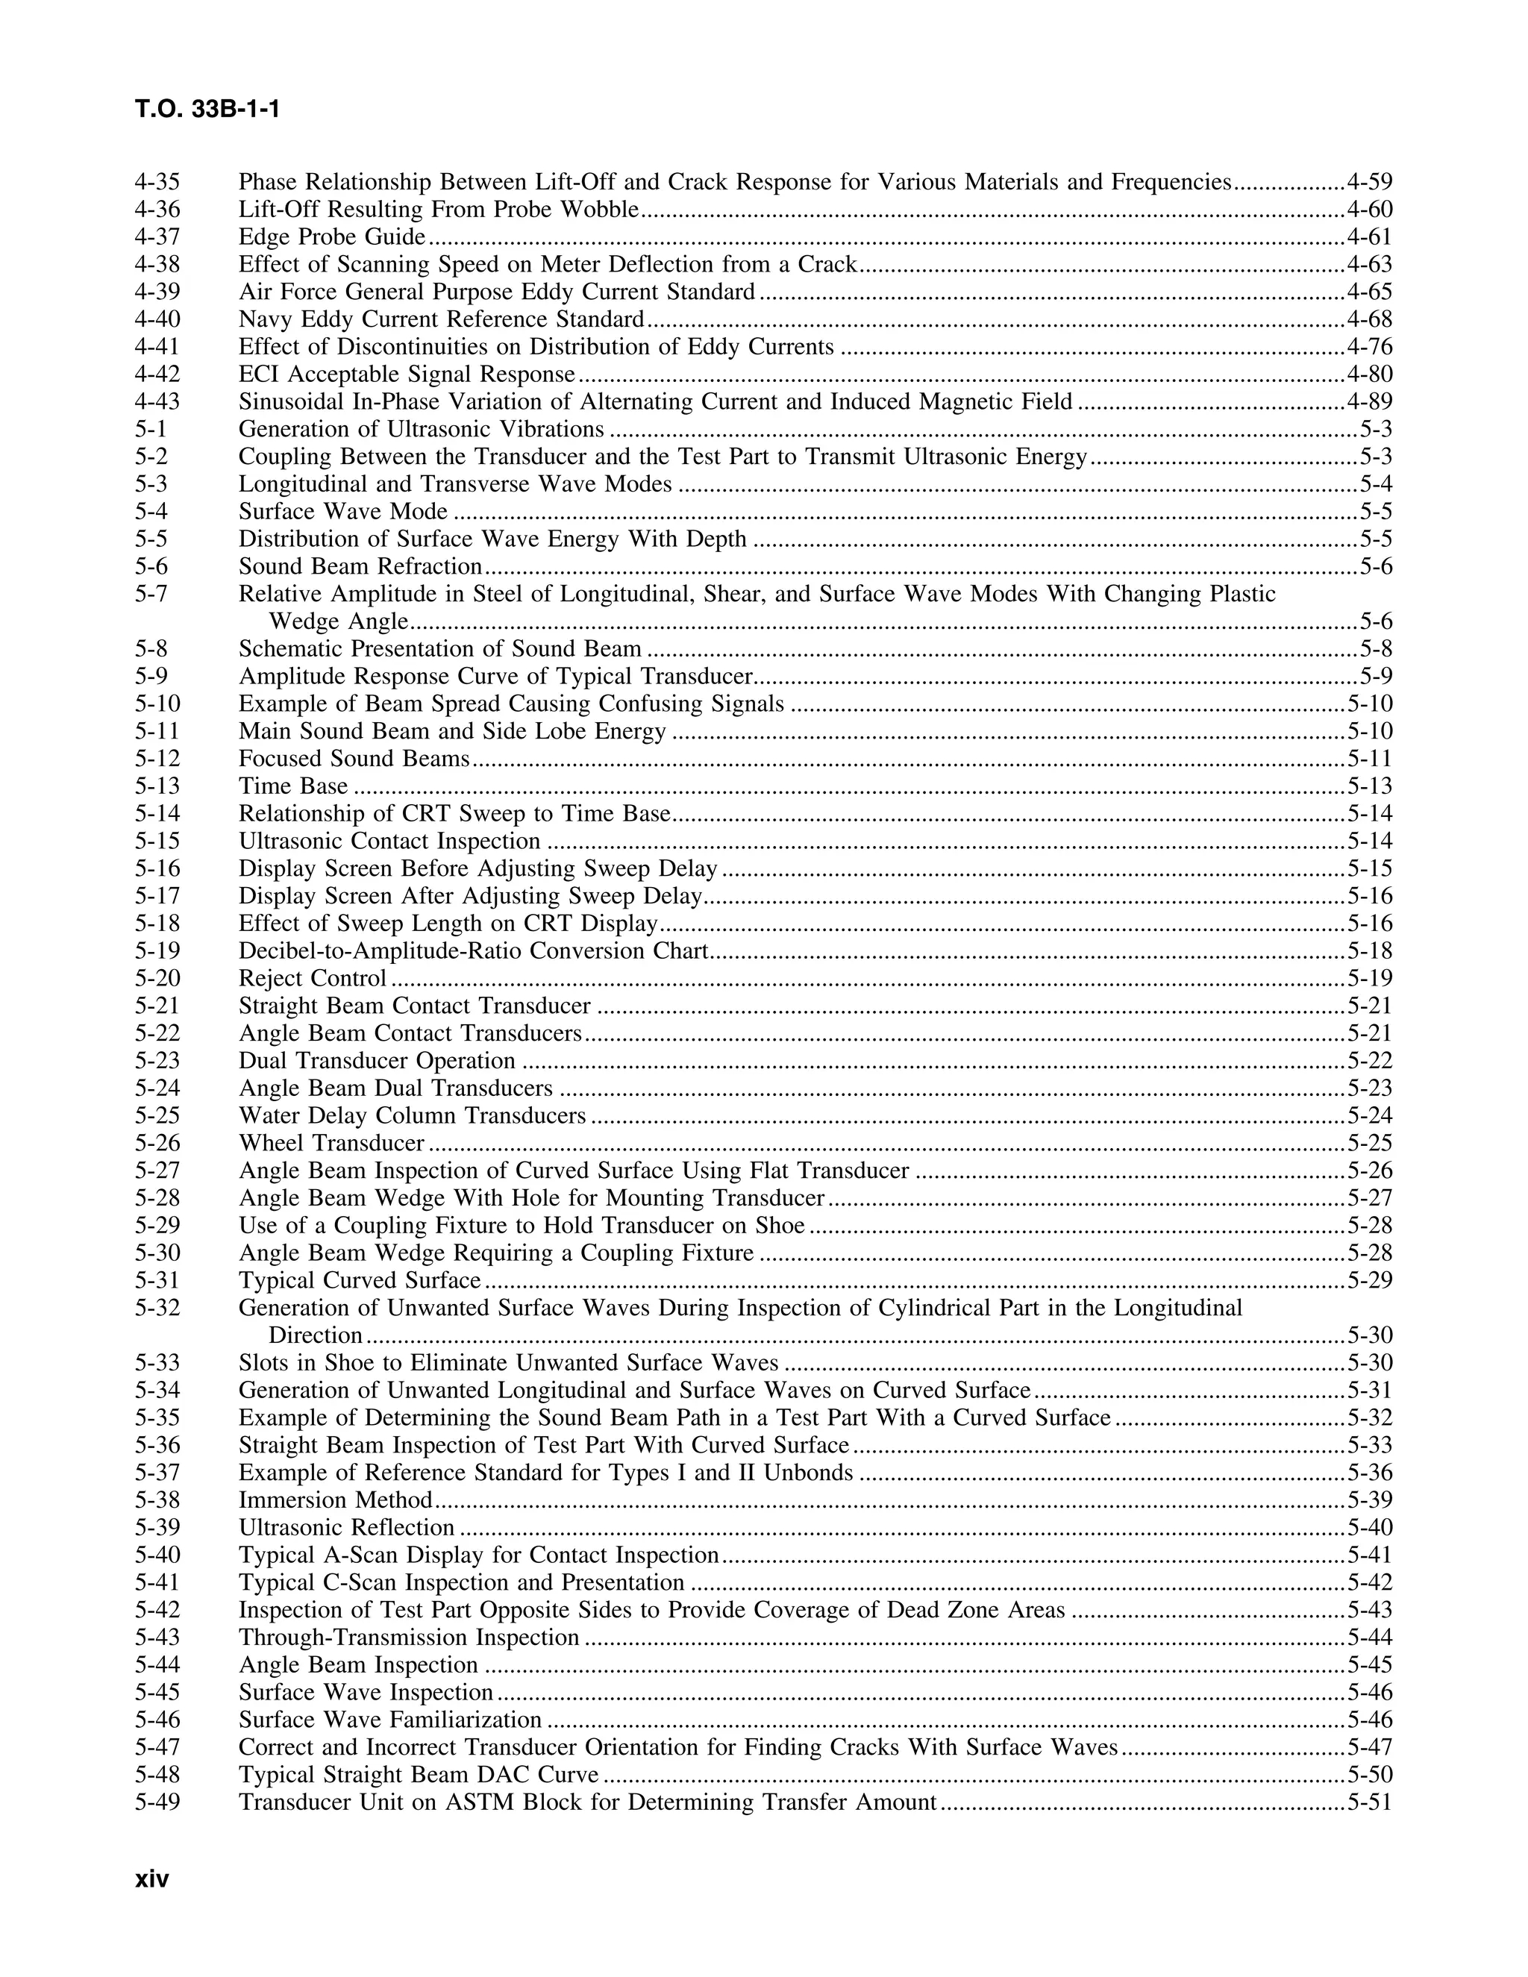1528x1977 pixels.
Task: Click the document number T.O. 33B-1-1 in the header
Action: [x=207, y=110]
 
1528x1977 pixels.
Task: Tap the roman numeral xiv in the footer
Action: [x=152, y=1879]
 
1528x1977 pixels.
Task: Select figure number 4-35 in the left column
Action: [x=157, y=182]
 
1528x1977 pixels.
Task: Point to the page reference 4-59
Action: [x=1368, y=182]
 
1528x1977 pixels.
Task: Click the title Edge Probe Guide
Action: [x=331, y=237]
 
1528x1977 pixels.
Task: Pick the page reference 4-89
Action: [x=1368, y=401]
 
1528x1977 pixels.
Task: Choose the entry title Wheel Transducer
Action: [x=331, y=1142]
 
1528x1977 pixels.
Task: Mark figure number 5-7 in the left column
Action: [x=151, y=594]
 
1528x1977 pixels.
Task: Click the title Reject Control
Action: [x=313, y=979]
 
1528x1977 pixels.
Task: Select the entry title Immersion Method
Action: [x=336, y=1500]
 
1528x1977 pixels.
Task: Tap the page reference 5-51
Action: [x=1368, y=1802]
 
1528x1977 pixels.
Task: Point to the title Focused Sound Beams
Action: [x=354, y=759]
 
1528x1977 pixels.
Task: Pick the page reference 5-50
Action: [x=1368, y=1774]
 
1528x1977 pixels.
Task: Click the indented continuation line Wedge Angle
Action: [x=339, y=622]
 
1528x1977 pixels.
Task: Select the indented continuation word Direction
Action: [x=316, y=1335]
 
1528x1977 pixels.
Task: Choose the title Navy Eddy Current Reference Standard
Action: [x=441, y=319]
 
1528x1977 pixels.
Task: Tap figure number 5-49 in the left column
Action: [x=157, y=1802]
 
